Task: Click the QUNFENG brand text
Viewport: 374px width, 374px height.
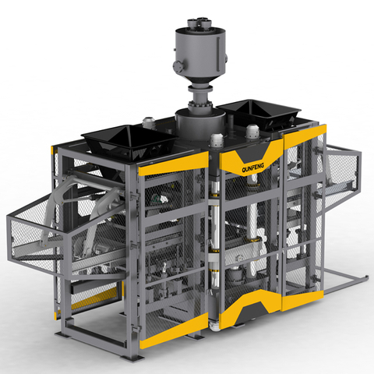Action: click(252, 168)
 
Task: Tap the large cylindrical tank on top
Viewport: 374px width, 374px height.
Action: click(200, 52)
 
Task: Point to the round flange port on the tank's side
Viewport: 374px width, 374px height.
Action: click(177, 65)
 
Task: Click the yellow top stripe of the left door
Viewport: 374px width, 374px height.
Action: click(174, 164)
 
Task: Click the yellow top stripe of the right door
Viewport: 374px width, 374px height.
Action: click(305, 136)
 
